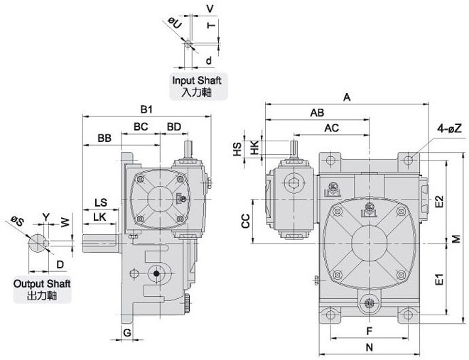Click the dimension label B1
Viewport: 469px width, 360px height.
(x=147, y=109)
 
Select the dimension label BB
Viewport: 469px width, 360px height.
(x=104, y=138)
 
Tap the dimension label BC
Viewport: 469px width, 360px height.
(x=141, y=126)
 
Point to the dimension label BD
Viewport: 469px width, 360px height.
(x=173, y=126)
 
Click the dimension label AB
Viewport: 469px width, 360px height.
(x=317, y=113)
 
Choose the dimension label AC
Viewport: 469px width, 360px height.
(x=331, y=128)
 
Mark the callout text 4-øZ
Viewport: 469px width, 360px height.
(x=451, y=129)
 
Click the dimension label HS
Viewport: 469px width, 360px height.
(x=237, y=148)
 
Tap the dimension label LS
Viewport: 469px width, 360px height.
(x=100, y=203)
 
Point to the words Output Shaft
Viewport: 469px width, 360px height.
(x=42, y=283)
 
